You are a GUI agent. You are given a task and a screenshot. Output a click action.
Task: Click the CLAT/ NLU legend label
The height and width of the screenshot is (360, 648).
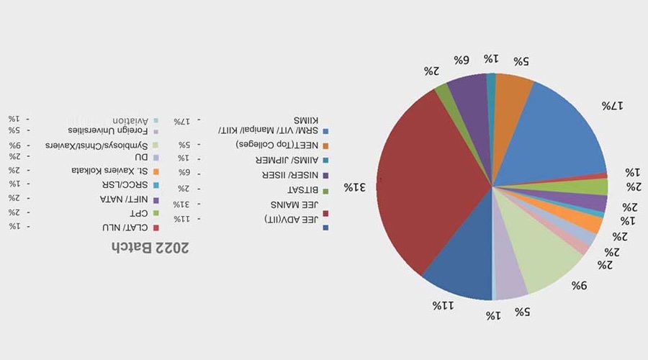[121, 228]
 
